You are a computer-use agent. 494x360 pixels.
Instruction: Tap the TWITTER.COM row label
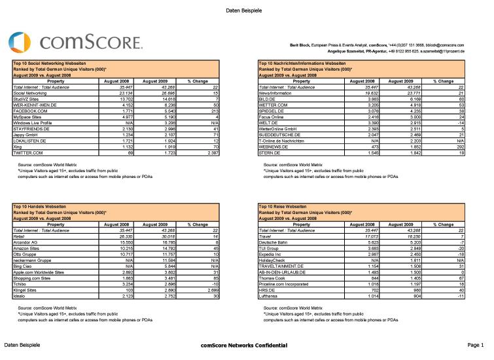[x=27, y=152]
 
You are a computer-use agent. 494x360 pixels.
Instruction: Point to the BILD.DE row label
[x=269, y=99]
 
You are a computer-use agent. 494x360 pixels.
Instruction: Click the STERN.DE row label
[x=271, y=152]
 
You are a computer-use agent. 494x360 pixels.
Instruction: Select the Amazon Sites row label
[x=27, y=247]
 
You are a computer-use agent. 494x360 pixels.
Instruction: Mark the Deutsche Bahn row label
[x=275, y=243]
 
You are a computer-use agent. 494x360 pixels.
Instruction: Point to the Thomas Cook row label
[x=274, y=276]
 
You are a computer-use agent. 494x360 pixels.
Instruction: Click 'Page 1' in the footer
[x=476, y=345]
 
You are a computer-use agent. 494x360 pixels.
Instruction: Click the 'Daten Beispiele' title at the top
[x=244, y=10]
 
